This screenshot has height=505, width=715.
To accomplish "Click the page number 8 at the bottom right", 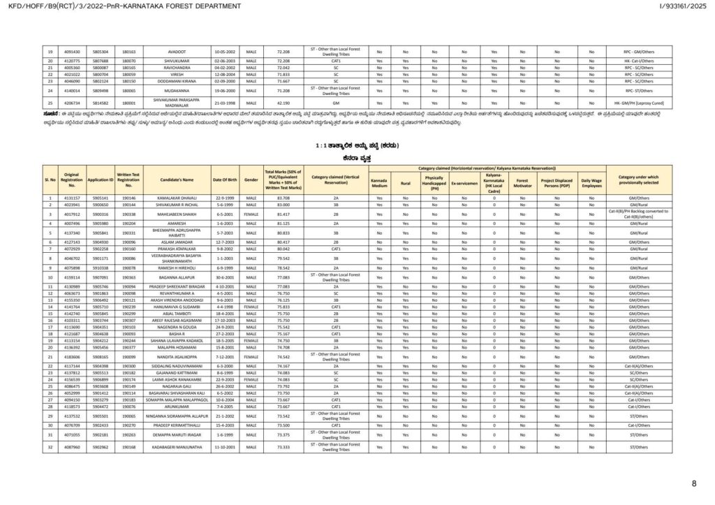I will (x=693, y=483).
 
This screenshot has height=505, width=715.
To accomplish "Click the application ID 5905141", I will (x=100, y=198).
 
